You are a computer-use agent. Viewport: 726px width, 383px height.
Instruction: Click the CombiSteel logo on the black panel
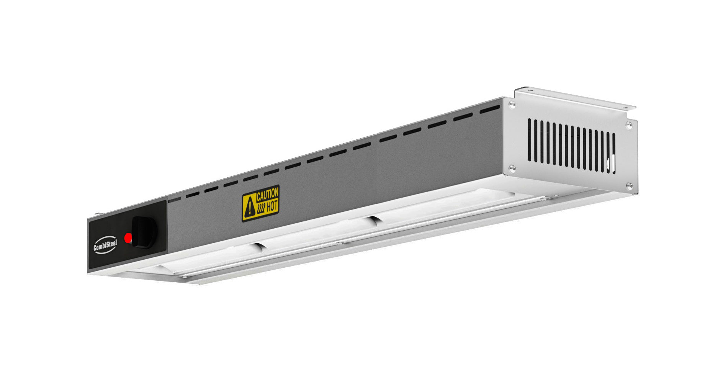(x=106, y=246)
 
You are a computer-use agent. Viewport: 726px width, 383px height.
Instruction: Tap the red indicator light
(x=128, y=238)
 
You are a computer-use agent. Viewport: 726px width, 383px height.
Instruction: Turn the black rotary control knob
(x=144, y=231)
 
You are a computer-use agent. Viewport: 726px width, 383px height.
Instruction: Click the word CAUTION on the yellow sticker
(x=267, y=195)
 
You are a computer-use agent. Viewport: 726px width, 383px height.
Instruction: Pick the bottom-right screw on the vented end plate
(x=629, y=186)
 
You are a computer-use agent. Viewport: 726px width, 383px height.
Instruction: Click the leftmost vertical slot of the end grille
(x=530, y=139)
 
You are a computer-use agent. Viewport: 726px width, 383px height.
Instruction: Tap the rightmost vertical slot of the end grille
(x=613, y=153)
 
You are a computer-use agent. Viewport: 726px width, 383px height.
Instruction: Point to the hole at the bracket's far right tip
(x=626, y=107)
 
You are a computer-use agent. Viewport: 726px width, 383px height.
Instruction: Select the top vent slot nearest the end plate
(x=490, y=110)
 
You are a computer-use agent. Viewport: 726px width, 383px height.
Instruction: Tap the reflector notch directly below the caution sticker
(x=259, y=246)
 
